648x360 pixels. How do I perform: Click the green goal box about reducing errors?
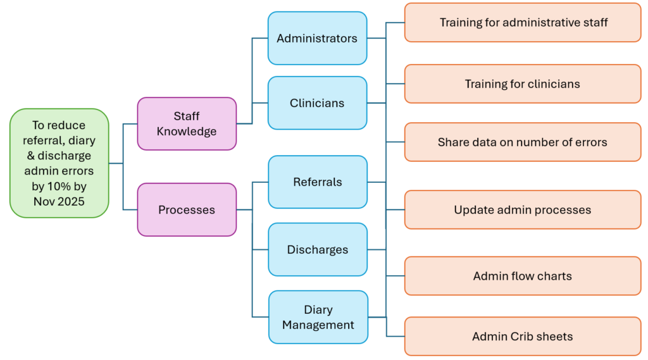pyautogui.click(x=59, y=163)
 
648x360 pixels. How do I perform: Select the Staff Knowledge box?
pyautogui.click(x=187, y=123)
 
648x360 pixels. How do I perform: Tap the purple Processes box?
pyautogui.click(x=187, y=209)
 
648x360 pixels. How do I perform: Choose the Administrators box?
pyautogui.click(x=317, y=38)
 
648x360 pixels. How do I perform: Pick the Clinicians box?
pyautogui.click(x=317, y=102)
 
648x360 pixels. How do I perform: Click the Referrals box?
pyautogui.click(x=318, y=182)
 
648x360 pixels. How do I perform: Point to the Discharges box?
pyautogui.click(x=318, y=249)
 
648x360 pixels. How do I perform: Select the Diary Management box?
pyautogui.click(x=318, y=317)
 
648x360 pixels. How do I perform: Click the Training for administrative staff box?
pyautogui.click(x=523, y=23)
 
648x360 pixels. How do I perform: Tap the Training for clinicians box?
pyautogui.click(x=523, y=84)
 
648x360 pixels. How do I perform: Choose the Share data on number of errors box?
pyautogui.click(x=523, y=142)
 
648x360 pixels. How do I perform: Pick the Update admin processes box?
pyautogui.click(x=523, y=209)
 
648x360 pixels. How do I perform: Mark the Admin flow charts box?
pyautogui.click(x=523, y=276)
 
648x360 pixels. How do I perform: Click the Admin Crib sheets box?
pyautogui.click(x=523, y=337)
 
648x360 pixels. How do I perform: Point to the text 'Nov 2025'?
pyautogui.click(x=59, y=202)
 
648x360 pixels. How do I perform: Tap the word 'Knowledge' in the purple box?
pyautogui.click(x=187, y=132)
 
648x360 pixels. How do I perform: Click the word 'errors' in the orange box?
pyautogui.click(x=590, y=142)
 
